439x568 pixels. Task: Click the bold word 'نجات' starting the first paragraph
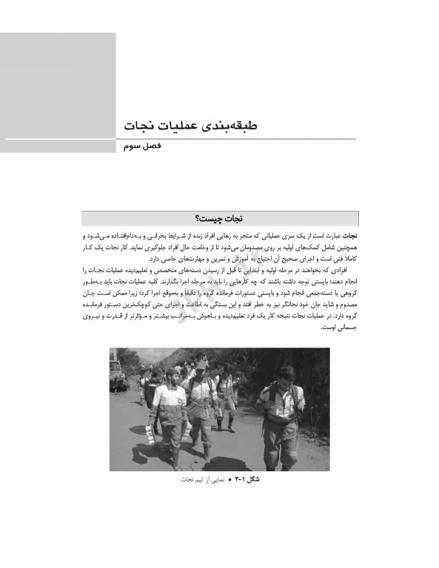pos(347,234)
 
